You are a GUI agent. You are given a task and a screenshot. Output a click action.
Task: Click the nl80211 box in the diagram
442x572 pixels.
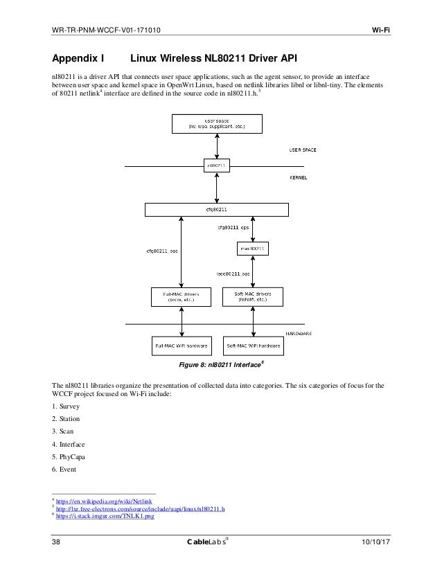pos(216,166)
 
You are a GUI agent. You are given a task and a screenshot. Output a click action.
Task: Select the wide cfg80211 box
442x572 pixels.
pos(216,208)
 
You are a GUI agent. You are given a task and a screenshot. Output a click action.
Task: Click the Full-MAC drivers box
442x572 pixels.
pos(180,297)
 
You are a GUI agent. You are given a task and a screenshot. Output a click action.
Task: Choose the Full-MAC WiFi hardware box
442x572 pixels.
pos(180,344)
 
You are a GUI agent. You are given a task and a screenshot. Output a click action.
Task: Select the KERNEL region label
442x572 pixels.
pos(298,178)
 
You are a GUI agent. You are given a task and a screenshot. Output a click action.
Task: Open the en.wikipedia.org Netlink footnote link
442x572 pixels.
pos(105,500)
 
